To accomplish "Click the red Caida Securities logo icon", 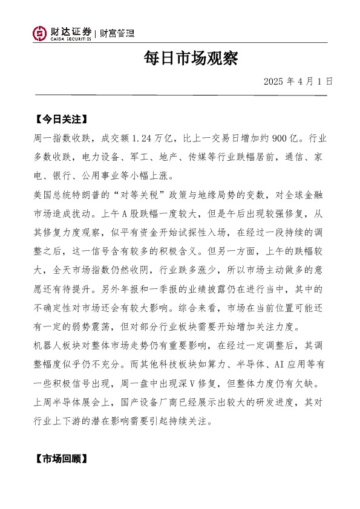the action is [39, 34].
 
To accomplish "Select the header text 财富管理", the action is [116, 33].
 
